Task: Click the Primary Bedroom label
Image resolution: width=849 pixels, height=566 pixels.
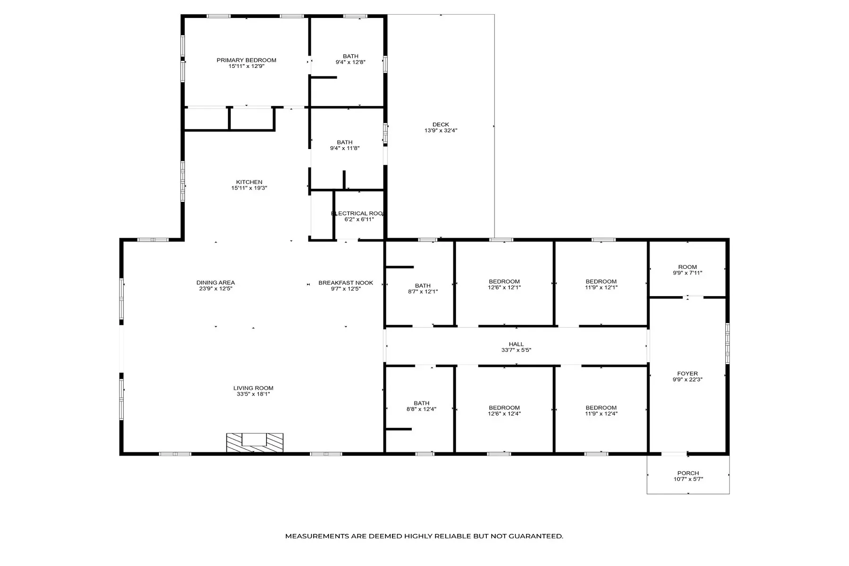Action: (246, 60)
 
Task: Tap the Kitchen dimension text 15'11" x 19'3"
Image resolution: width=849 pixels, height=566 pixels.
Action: (249, 188)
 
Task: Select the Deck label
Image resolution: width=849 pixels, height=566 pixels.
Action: (441, 125)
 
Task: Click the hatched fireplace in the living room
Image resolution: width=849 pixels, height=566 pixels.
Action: (255, 443)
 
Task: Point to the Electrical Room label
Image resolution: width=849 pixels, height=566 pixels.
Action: (357, 213)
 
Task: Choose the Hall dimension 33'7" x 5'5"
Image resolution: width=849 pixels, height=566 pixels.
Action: (516, 350)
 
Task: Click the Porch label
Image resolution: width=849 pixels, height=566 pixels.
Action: (688, 473)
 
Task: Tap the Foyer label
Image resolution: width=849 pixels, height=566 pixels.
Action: (687, 374)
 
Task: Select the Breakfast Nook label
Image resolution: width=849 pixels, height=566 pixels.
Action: (346, 283)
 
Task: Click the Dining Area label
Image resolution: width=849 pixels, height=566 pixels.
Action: (216, 283)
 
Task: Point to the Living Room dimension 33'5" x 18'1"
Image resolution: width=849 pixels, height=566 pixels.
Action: (253, 394)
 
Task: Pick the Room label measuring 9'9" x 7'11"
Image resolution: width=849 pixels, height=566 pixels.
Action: (687, 267)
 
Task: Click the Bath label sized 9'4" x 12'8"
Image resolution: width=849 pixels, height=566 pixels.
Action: (350, 56)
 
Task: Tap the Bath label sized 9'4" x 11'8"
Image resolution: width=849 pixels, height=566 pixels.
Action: (345, 142)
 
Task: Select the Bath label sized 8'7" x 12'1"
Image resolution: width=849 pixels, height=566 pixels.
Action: (423, 285)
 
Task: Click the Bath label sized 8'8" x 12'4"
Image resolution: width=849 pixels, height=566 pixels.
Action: (421, 403)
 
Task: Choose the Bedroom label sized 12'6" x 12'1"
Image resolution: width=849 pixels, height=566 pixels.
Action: (504, 282)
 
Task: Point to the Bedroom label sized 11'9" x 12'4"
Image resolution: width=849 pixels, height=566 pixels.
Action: (601, 408)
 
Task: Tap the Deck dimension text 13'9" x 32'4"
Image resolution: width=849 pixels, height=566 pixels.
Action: (441, 131)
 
